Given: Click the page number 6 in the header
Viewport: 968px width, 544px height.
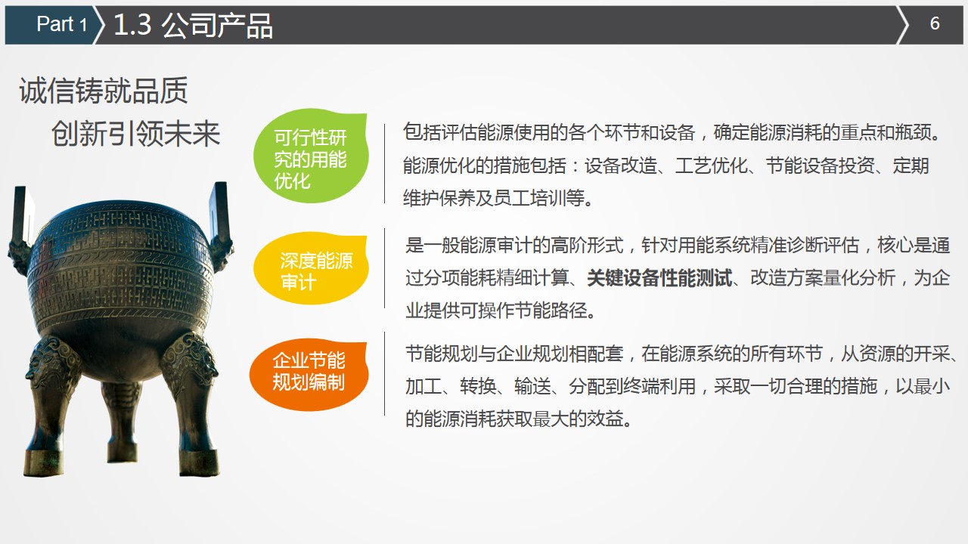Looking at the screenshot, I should coord(935,23).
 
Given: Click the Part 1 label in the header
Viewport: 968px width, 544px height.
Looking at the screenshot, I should coord(61,24).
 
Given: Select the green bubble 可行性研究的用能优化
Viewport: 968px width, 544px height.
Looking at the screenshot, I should coord(310,159).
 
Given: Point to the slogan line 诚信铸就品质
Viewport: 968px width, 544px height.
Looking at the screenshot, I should coord(103,91).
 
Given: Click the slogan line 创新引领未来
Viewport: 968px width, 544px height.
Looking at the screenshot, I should coord(136,134).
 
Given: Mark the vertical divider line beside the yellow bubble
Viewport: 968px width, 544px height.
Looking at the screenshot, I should coord(384,268).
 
